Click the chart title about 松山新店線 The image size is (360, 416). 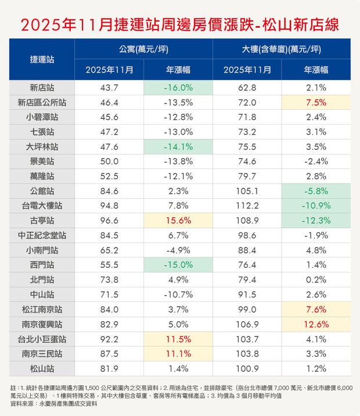(x=179, y=24)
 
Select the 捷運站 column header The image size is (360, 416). (x=42, y=59)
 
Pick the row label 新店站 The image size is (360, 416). (x=42, y=88)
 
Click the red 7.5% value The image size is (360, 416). (x=316, y=103)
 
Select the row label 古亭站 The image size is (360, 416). (x=42, y=221)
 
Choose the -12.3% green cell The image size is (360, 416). (x=316, y=221)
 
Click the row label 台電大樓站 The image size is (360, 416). (x=42, y=206)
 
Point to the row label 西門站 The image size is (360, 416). (x=42, y=265)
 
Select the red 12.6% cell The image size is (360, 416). (x=316, y=324)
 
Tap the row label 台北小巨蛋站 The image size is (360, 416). (x=42, y=339)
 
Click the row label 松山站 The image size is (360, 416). (x=42, y=368)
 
